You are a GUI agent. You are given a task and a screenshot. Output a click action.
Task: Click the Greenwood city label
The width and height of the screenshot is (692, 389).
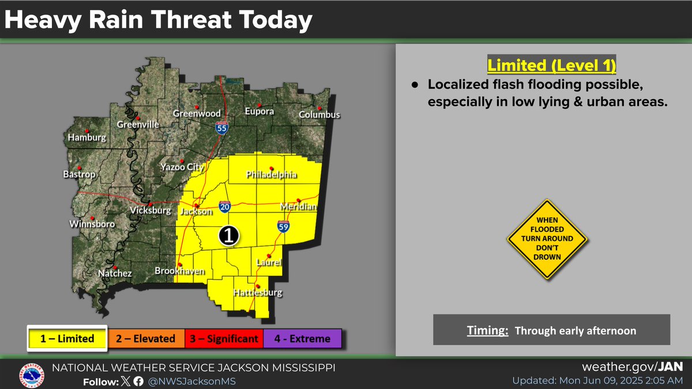(197, 114)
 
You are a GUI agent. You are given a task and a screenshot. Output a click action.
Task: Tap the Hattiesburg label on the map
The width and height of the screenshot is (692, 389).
(258, 293)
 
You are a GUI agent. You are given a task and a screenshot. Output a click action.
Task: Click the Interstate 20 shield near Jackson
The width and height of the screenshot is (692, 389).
(225, 207)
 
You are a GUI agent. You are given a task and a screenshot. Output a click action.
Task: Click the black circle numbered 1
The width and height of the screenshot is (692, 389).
(228, 235)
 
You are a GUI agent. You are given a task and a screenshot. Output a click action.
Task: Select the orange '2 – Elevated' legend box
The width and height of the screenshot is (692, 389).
(146, 338)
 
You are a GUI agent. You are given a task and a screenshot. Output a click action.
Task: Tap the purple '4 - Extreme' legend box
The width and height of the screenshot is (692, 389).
(303, 338)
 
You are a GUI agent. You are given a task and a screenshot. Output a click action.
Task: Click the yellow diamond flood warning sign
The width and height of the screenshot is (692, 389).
(547, 239)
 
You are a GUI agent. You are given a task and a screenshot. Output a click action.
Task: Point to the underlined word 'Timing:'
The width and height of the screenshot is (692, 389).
(488, 331)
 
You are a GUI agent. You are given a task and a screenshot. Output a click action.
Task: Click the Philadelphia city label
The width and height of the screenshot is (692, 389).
(272, 175)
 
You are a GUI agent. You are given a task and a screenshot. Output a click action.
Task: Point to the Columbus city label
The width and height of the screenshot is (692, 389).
(319, 115)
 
